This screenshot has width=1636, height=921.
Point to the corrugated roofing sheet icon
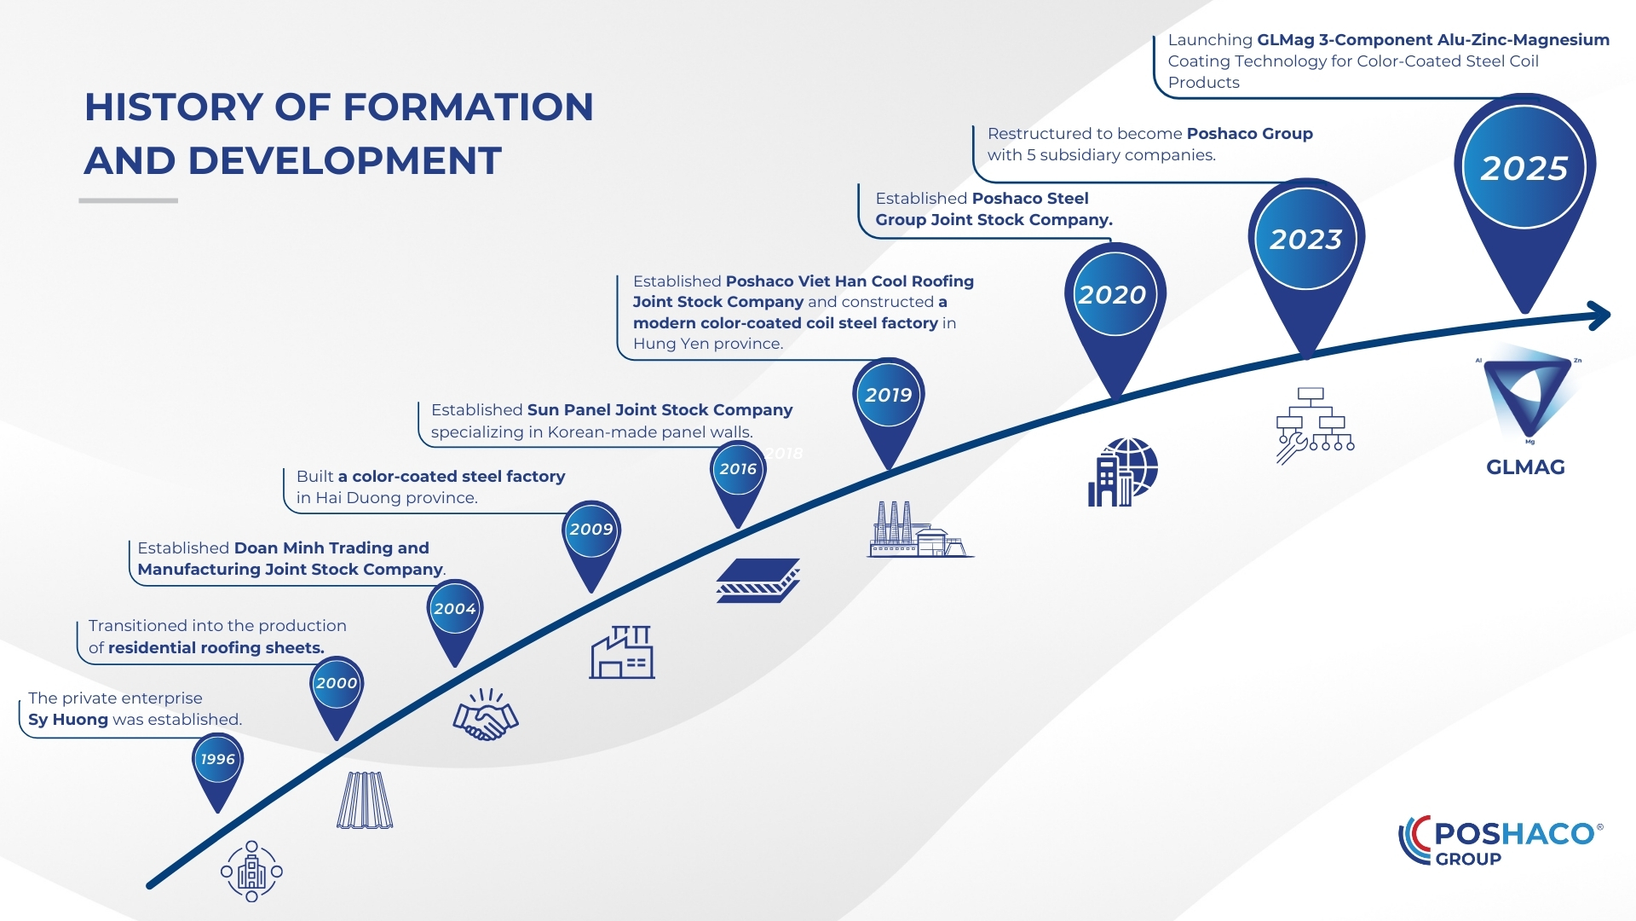point(365,801)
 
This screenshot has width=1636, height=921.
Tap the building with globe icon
point(1122,472)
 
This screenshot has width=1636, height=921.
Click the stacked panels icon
point(758,581)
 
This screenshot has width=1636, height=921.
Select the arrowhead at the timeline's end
point(1599,316)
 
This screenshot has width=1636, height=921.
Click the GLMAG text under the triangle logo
point(1525,467)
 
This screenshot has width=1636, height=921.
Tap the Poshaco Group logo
point(1501,841)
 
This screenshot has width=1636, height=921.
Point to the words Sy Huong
point(68,720)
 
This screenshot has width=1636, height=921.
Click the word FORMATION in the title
point(468,108)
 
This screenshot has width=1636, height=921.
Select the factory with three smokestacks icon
point(919,530)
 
